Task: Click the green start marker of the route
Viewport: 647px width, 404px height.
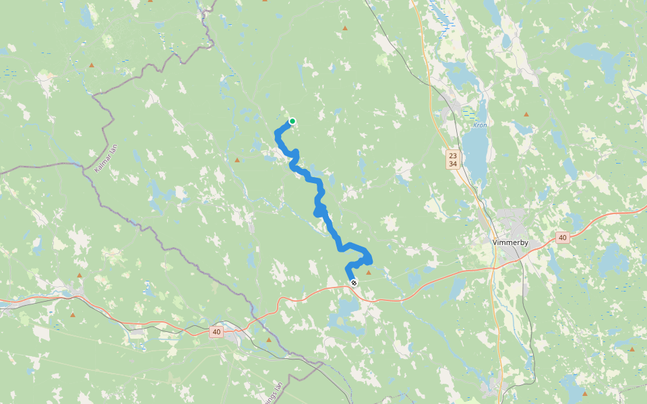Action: pyautogui.click(x=292, y=121)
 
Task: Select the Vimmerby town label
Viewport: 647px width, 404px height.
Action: pyautogui.click(x=510, y=242)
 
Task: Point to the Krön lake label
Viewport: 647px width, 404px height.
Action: pyautogui.click(x=480, y=125)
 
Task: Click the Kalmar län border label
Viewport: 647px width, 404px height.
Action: pyautogui.click(x=106, y=158)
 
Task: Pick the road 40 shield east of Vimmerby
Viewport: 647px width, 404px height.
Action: pyautogui.click(x=563, y=237)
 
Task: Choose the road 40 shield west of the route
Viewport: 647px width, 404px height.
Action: pyautogui.click(x=216, y=331)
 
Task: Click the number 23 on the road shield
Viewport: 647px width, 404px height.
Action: pyautogui.click(x=452, y=155)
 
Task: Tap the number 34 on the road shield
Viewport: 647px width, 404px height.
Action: pyautogui.click(x=452, y=164)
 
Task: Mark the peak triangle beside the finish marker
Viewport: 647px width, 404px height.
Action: pyautogui.click(x=368, y=273)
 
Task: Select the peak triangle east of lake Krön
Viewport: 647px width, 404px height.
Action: pyautogui.click(x=526, y=114)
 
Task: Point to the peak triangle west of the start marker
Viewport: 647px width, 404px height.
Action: pyautogui.click(x=237, y=160)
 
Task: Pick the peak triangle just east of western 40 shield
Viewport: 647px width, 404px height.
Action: pyautogui.click(x=269, y=340)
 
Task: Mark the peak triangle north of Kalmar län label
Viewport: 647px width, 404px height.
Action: pyautogui.click(x=92, y=65)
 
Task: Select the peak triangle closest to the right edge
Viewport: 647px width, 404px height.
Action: pyautogui.click(x=631, y=349)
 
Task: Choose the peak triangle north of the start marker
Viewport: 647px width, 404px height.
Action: pyautogui.click(x=344, y=28)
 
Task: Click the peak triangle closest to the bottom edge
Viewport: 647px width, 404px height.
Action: pyautogui.click(x=584, y=393)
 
